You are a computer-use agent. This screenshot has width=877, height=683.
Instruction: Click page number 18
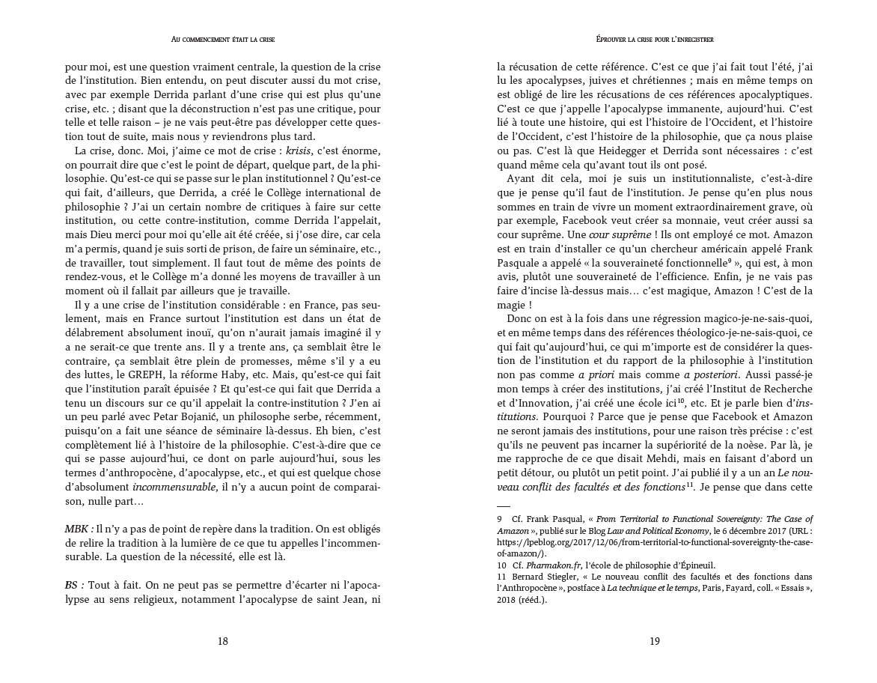[x=222, y=641]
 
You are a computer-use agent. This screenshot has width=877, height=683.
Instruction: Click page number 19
[x=654, y=641]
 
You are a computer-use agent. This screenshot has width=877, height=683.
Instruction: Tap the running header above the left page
[x=222, y=39]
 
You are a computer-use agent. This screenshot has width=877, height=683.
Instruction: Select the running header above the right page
[x=655, y=39]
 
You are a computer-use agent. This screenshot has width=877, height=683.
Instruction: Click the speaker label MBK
[x=78, y=528]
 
